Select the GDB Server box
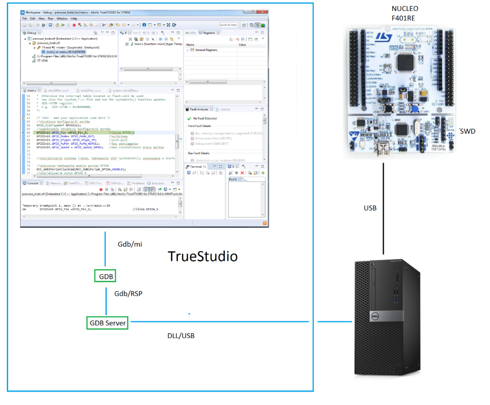point(108,323)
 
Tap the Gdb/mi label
point(130,244)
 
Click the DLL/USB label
point(181,336)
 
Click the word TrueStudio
point(202,256)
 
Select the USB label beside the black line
point(370,208)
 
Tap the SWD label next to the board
point(467,131)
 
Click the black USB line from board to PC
point(384,210)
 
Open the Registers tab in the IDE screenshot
point(209,33)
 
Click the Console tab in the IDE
point(33,183)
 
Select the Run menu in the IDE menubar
point(50,18)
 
